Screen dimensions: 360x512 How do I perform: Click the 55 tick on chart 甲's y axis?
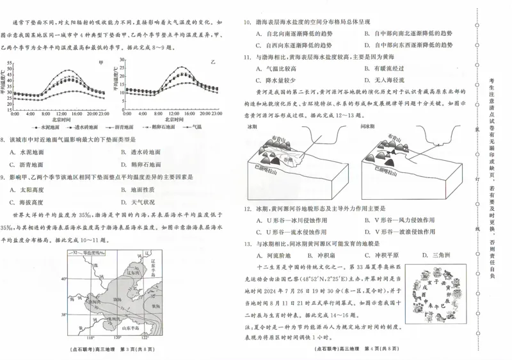[10, 63]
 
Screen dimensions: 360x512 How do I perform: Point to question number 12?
[246, 209]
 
